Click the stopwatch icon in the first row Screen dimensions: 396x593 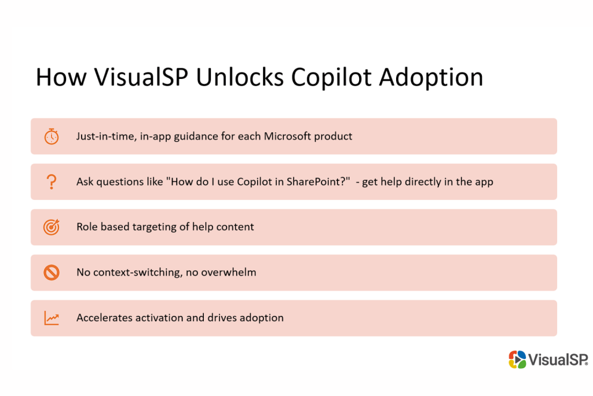(52, 136)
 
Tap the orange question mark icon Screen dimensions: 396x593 (52, 181)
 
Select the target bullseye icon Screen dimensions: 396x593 (52, 227)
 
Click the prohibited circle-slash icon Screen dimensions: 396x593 (52, 272)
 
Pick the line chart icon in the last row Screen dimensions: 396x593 (52, 318)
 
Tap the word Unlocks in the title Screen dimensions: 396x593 (240, 78)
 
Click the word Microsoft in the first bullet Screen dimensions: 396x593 (287, 136)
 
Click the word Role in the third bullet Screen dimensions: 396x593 (87, 227)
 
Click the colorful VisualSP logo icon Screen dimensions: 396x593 (517, 359)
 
